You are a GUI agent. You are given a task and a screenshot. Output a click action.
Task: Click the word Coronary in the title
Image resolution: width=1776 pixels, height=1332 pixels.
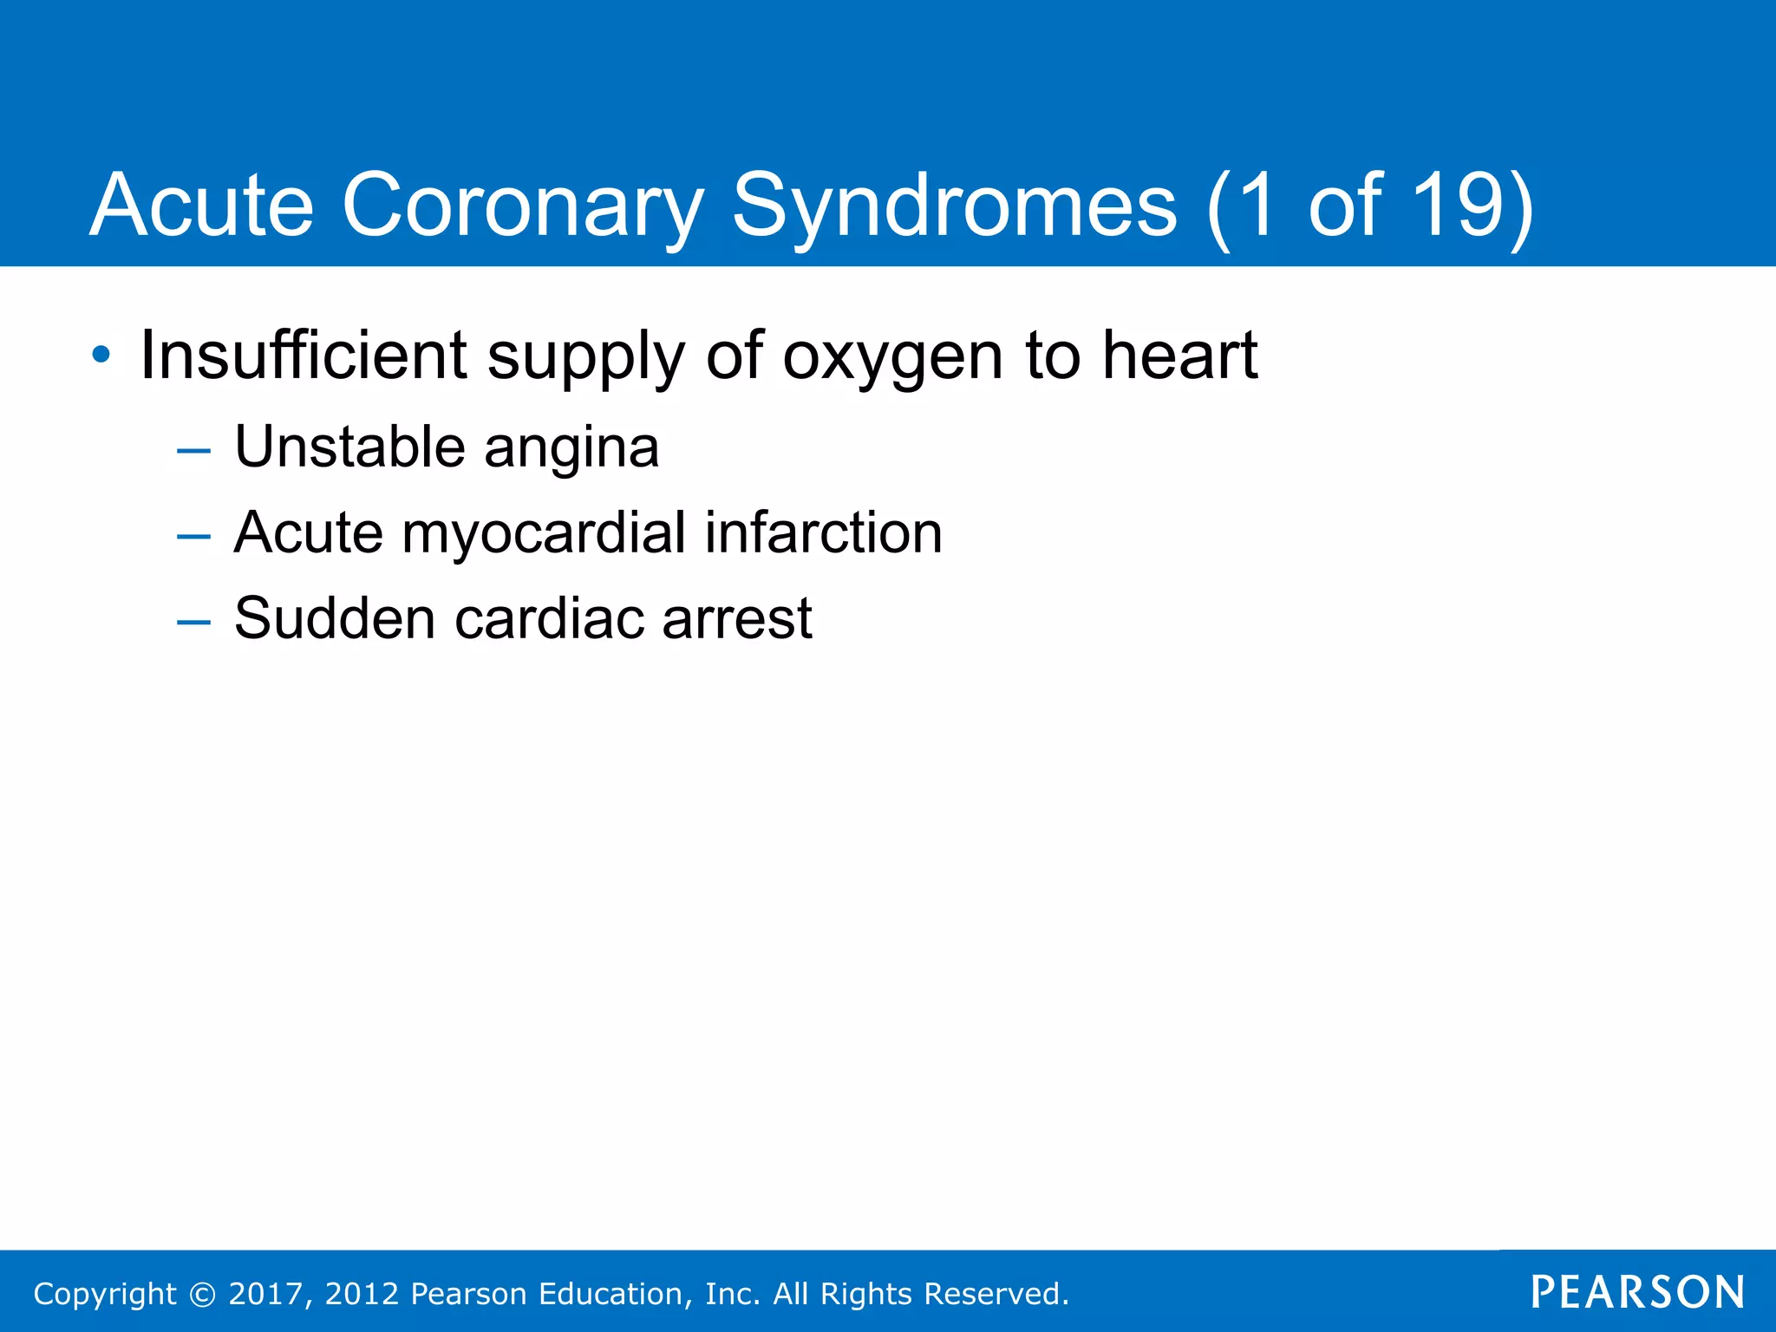521,206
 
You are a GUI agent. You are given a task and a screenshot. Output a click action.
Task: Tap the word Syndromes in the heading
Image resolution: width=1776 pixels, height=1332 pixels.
955,206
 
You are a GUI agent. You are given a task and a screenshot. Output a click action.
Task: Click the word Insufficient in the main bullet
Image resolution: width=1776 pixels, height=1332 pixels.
304,356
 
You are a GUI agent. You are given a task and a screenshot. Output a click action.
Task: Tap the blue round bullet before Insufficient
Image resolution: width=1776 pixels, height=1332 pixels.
101,355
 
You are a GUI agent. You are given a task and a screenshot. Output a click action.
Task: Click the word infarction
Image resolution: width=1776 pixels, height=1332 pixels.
823,532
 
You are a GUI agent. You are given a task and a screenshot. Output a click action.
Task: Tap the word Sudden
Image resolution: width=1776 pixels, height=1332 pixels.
335,619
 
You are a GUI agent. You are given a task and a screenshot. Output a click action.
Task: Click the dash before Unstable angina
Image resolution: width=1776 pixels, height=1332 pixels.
193,451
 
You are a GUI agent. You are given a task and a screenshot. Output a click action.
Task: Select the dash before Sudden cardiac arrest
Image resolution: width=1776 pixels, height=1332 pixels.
193,622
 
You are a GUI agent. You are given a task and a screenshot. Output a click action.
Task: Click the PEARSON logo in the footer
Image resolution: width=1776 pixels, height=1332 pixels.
1637,1292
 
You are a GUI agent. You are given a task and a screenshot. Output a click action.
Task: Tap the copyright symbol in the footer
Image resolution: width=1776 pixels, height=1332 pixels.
202,1294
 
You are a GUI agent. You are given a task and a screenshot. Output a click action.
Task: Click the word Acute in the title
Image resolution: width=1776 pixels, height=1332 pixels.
201,206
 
